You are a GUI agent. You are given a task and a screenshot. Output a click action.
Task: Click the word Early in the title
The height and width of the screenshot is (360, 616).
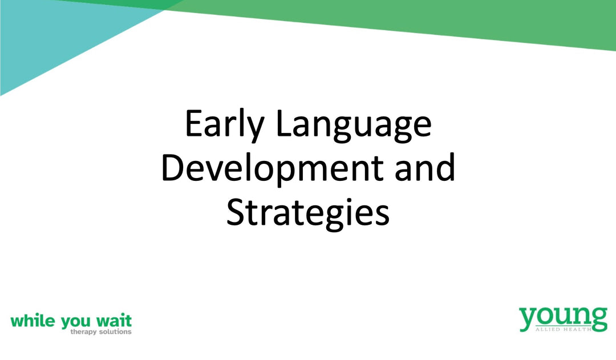(x=224, y=124)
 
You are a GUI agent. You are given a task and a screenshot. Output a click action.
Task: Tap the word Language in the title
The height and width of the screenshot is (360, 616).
(x=354, y=126)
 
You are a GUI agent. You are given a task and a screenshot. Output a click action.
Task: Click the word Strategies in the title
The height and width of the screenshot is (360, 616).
(x=308, y=213)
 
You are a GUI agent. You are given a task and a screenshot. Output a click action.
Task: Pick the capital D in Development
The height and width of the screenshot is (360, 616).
(x=172, y=167)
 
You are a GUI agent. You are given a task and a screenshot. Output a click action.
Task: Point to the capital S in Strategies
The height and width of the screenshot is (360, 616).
(x=235, y=212)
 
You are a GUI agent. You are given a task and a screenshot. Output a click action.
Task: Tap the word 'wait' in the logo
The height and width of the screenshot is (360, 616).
(x=114, y=321)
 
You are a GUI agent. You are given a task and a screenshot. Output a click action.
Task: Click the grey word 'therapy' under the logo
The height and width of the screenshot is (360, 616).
(x=83, y=332)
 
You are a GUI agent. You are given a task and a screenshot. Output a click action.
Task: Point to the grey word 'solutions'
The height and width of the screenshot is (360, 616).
(x=115, y=331)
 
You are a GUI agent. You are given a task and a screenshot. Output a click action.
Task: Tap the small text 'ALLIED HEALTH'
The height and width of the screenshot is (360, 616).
(x=564, y=329)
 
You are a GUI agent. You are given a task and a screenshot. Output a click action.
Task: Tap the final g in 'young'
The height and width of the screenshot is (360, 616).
(x=598, y=319)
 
